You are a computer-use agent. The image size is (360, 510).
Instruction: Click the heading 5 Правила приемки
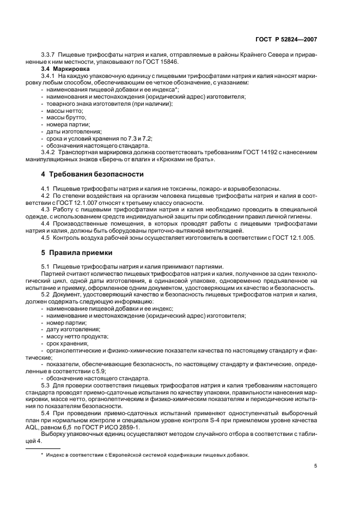pos(77,253)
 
